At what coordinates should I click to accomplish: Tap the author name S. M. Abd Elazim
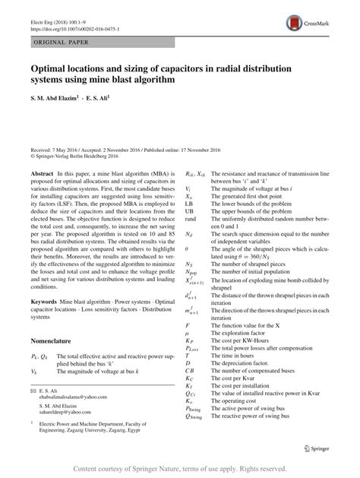pyautogui.click(x=56, y=98)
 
